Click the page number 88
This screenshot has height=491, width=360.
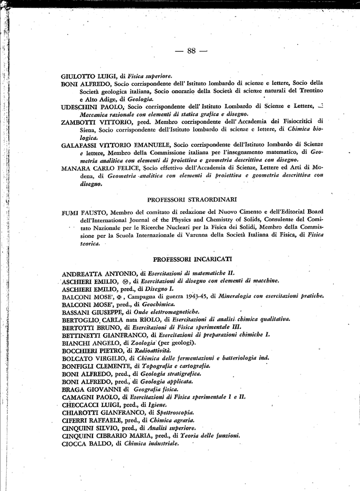click(191, 51)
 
